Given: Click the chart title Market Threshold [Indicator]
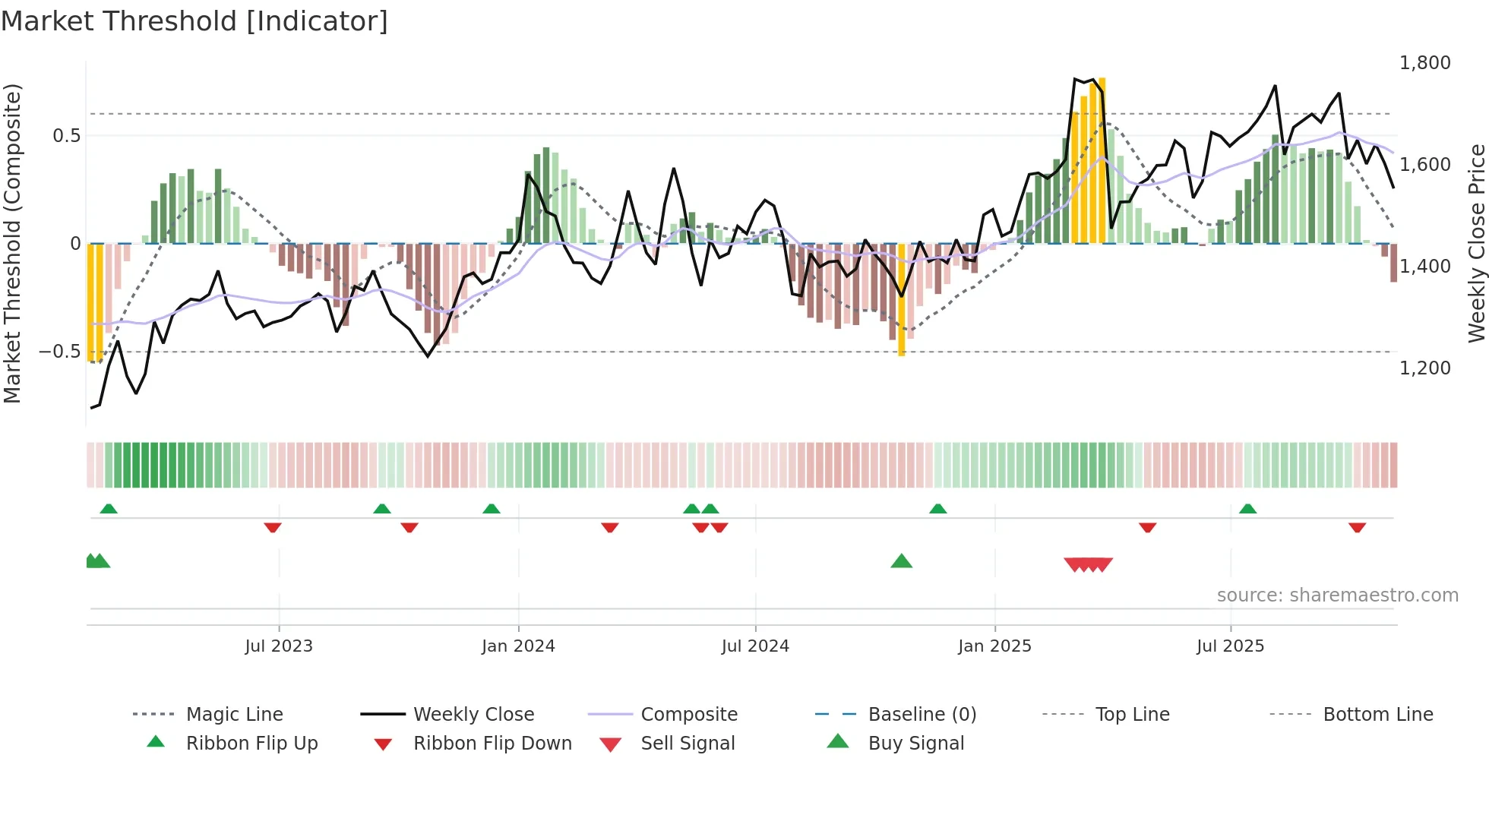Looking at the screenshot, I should pos(194,21).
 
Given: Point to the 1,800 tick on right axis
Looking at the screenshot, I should pos(1424,63).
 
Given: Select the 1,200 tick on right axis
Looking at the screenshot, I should pos(1424,368).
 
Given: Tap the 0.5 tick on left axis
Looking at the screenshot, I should pos(66,136).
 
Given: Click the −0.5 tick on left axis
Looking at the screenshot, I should pos(60,352).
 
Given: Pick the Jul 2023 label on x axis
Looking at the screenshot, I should pos(279,646).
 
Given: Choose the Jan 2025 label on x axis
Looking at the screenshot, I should pos(994,646).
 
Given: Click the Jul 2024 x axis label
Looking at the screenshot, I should pos(755,646).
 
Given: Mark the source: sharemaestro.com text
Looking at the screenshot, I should pos(1337,595).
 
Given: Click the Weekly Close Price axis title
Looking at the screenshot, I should pos(1476,243).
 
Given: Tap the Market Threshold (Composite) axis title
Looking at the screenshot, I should pos(12,243).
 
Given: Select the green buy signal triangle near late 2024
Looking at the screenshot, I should pos(901,561).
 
